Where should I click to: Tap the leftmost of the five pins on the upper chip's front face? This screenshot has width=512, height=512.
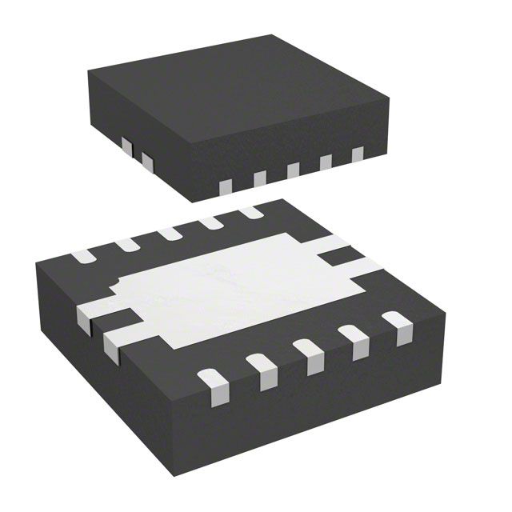point(225,187)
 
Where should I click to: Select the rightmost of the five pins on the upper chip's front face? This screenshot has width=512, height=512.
point(357,154)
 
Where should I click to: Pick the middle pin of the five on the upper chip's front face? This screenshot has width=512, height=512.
point(293,170)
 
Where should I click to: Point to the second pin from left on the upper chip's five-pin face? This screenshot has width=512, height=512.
point(259,179)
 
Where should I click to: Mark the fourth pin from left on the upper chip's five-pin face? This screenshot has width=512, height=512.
point(326,162)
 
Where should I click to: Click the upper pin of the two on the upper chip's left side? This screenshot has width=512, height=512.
point(126,146)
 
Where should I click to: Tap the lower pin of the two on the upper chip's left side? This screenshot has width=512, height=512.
point(146,161)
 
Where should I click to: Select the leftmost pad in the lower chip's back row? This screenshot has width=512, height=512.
point(82,257)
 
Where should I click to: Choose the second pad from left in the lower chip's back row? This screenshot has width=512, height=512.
point(127,245)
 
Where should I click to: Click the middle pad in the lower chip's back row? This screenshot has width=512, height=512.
point(170,234)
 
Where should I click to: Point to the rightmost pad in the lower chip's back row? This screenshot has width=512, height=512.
point(251,212)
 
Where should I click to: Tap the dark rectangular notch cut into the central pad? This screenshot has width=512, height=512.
point(341,256)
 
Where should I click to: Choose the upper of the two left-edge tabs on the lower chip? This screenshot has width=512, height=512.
point(90,314)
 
